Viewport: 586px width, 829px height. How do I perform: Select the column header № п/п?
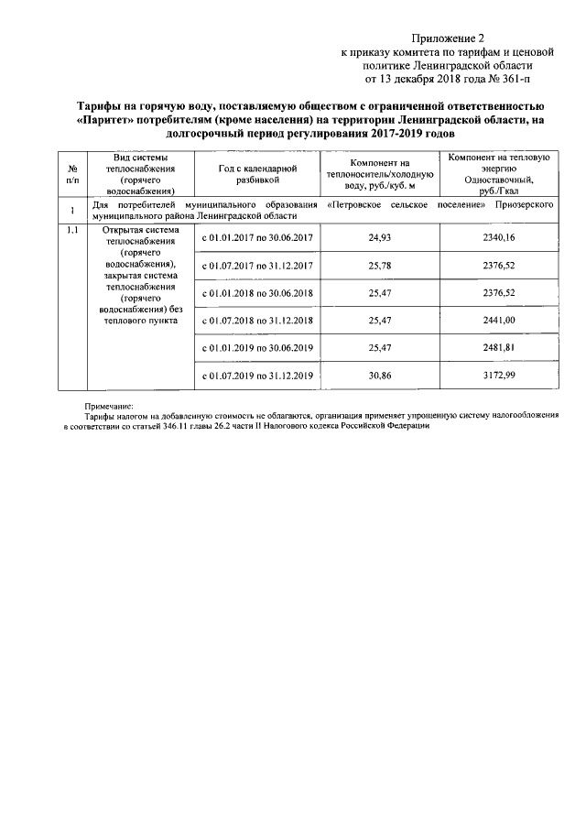71,173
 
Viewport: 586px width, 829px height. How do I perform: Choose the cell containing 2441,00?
499,320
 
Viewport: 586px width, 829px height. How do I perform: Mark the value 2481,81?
499,348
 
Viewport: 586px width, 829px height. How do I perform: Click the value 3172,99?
499,376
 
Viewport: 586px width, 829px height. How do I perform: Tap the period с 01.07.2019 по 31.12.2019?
257,376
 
